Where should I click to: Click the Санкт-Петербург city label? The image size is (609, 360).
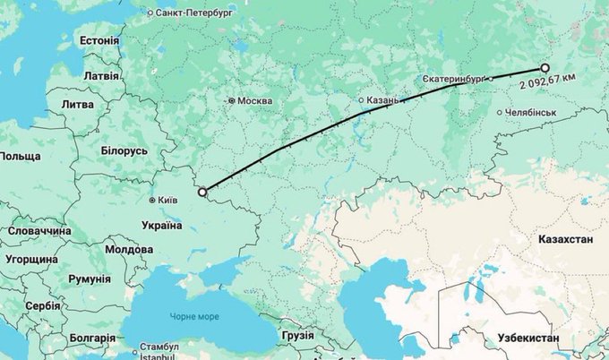pyautogui.click(x=194, y=13)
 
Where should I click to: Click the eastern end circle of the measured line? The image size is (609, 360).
pyautogui.click(x=545, y=67)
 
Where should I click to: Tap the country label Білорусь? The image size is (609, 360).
pyautogui.click(x=124, y=151)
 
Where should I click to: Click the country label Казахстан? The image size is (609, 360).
pyautogui.click(x=566, y=242)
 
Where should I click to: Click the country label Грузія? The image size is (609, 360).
pyautogui.click(x=297, y=335)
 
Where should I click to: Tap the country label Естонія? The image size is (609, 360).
pyautogui.click(x=99, y=41)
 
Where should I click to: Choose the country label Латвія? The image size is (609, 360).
pyautogui.click(x=101, y=76)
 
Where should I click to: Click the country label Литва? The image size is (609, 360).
pyautogui.click(x=77, y=105)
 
